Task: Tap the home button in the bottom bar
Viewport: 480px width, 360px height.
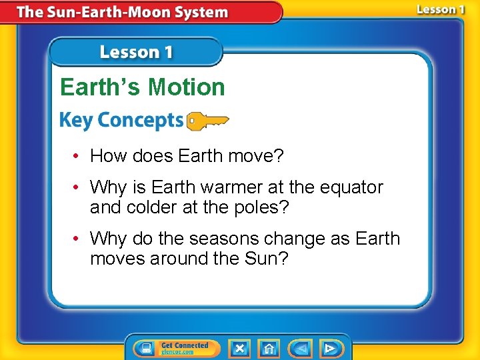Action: [x=269, y=349]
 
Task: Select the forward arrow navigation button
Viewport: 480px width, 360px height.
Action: [x=329, y=349]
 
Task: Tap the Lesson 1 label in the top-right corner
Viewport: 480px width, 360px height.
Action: [x=440, y=10]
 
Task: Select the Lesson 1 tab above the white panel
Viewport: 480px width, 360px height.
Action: [x=136, y=53]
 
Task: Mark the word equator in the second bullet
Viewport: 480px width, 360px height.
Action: [x=350, y=187]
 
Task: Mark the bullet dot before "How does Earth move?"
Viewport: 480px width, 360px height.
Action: [x=78, y=157]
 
